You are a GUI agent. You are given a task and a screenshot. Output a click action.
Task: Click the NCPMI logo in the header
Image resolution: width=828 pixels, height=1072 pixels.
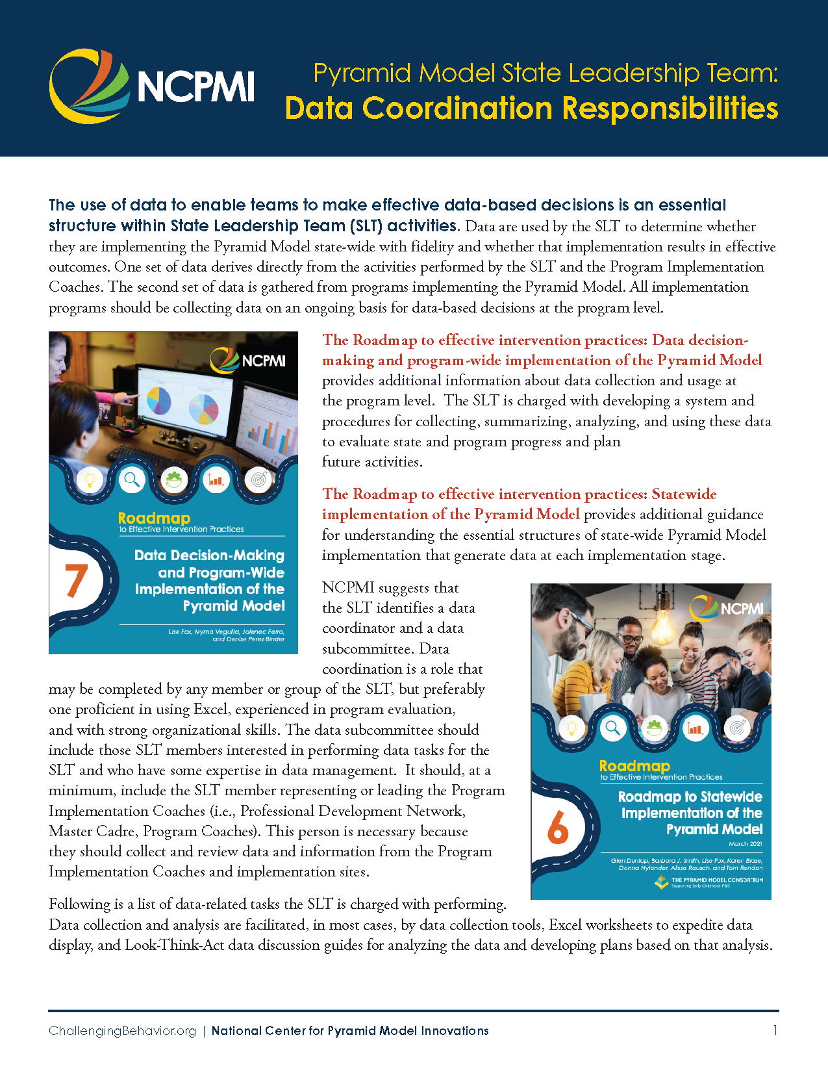pos(152,86)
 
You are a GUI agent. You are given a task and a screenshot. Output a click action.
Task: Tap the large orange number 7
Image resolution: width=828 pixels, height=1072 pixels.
pos(76,580)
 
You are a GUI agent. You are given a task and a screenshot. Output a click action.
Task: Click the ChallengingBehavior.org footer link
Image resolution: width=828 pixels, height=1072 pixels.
pos(122,1031)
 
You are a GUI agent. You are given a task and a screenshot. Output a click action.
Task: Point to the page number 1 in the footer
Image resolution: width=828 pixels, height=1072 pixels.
pos(775,1030)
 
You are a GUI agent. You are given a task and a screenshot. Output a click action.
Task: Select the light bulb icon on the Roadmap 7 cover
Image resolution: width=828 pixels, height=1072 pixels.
pos(90,480)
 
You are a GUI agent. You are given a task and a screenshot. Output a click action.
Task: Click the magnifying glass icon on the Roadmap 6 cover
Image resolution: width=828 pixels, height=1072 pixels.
pos(612,728)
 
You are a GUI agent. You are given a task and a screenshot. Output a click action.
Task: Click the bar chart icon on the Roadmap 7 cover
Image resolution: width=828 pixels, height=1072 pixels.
pos(215,480)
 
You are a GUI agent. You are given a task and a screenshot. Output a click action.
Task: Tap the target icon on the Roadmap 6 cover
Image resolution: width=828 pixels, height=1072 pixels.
pos(736,728)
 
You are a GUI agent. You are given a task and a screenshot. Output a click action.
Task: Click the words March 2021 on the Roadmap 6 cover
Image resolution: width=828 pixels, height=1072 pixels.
pos(745,844)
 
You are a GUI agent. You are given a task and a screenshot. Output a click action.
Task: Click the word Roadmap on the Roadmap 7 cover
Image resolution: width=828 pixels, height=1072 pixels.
pos(154,518)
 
